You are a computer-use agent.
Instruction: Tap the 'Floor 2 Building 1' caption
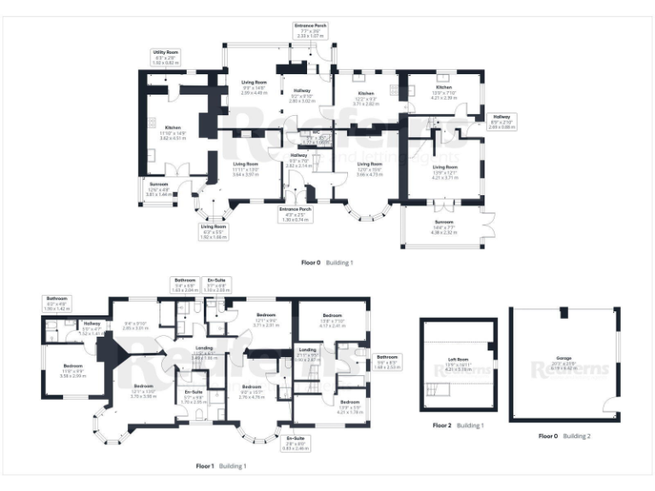coord(458,425)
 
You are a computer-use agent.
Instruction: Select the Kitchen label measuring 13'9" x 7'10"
coord(444,91)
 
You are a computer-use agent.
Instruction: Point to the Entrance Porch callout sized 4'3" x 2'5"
coord(295,214)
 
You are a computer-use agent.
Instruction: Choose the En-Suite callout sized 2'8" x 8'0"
coord(295,444)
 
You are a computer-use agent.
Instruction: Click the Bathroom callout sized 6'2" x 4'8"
coord(58,303)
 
